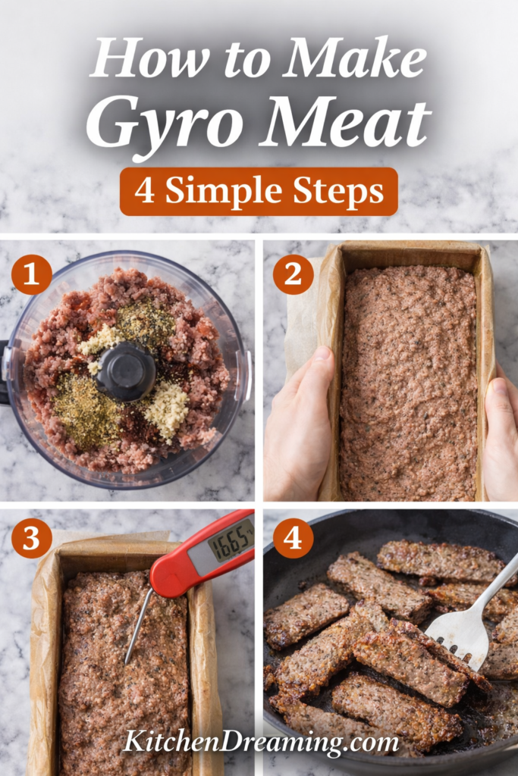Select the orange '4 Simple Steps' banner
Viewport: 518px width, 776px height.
coord(259,192)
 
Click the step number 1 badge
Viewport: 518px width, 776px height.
coord(32,274)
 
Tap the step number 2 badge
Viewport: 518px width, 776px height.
coord(294,274)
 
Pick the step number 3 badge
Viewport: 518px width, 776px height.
coord(32,538)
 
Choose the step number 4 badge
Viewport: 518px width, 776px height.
coord(294,538)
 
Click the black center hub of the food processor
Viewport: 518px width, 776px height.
coord(127,371)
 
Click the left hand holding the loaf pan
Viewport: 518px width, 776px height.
coord(297,421)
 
